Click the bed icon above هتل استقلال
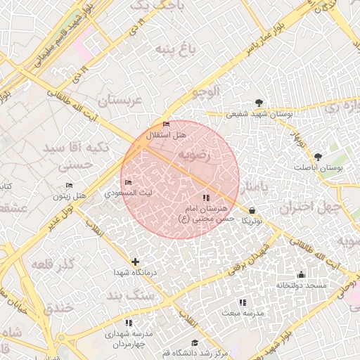[x=166, y=124]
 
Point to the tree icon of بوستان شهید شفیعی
[x=259, y=103]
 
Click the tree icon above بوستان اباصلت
[x=319, y=157]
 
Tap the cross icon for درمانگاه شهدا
[x=135, y=262]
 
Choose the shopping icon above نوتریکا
[x=252, y=210]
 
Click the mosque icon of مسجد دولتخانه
[x=302, y=274]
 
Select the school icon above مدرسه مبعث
[x=242, y=302]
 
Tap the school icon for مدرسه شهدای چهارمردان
[x=128, y=323]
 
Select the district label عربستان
[x=120, y=101]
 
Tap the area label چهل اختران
[x=309, y=207]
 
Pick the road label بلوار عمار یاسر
[x=266, y=40]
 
